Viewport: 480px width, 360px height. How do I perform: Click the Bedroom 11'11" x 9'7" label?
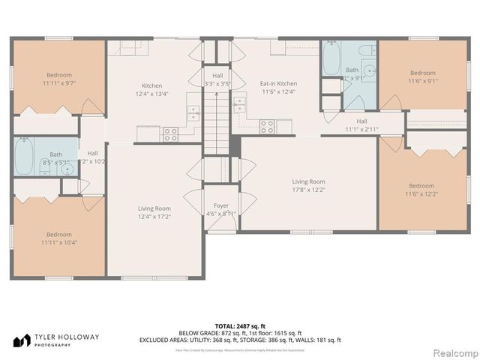tap(58, 79)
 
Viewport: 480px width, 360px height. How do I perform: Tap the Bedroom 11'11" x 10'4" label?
tap(58, 238)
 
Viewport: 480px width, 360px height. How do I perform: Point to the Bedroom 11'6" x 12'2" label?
tap(421, 190)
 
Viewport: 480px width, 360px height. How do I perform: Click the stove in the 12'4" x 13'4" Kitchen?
tap(171, 134)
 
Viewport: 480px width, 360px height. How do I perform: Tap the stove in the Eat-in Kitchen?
tap(266, 127)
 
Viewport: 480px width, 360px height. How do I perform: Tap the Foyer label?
tap(220, 209)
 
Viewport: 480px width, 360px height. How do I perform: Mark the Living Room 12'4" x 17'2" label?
tap(154, 212)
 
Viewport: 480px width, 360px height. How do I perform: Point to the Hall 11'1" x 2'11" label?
tap(361, 124)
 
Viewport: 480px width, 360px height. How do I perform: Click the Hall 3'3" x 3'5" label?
tap(217, 79)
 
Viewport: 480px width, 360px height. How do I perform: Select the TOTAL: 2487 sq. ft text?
tap(239, 325)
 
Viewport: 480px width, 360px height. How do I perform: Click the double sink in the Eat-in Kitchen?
tap(241, 104)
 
